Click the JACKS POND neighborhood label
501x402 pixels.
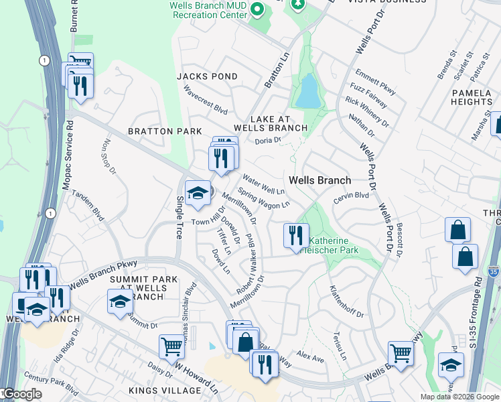click(x=207, y=76)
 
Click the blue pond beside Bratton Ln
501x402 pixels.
click(x=308, y=92)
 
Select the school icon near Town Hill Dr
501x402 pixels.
click(x=198, y=194)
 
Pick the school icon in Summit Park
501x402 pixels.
click(x=120, y=301)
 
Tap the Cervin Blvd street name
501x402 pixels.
click(x=352, y=196)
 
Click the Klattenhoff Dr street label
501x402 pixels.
click(x=346, y=302)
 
